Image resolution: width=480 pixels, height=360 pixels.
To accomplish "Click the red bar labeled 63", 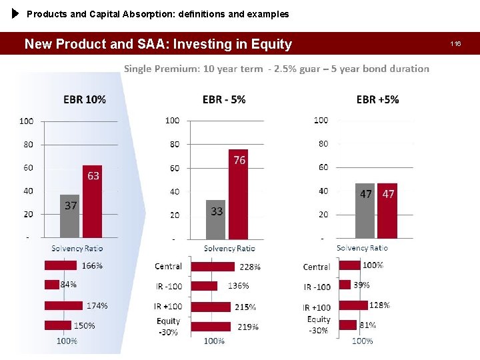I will [92, 201].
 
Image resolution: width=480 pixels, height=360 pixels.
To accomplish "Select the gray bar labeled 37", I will [70, 216].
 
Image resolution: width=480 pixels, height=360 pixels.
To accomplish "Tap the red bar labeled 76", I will [238, 194].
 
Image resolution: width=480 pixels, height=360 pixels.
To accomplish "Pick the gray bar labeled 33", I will [216, 219].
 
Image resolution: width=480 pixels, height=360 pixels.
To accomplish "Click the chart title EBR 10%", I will [85, 99].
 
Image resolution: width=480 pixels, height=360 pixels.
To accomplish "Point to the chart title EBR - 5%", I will [224, 99].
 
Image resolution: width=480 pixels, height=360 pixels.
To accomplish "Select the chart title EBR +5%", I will [377, 99].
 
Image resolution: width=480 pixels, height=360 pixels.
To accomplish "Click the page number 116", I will [456, 44].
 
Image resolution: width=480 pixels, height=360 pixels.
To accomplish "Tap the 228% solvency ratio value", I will [250, 267].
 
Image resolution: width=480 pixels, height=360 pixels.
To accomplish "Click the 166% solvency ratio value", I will [92, 265].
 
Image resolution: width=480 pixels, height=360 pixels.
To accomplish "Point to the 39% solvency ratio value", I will [362, 284].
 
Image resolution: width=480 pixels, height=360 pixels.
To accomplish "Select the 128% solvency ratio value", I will [379, 305].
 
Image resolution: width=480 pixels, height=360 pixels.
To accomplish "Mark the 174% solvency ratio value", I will [97, 305].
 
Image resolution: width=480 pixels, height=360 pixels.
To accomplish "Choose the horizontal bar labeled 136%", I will [204, 286].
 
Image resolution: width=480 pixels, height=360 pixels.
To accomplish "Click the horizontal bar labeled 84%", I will [52, 285].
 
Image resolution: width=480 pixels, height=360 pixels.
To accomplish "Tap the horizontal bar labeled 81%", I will [347, 325].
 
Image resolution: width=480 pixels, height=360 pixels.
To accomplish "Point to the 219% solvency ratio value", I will [248, 327].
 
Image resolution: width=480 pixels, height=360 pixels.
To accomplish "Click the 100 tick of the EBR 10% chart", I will [26, 121].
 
